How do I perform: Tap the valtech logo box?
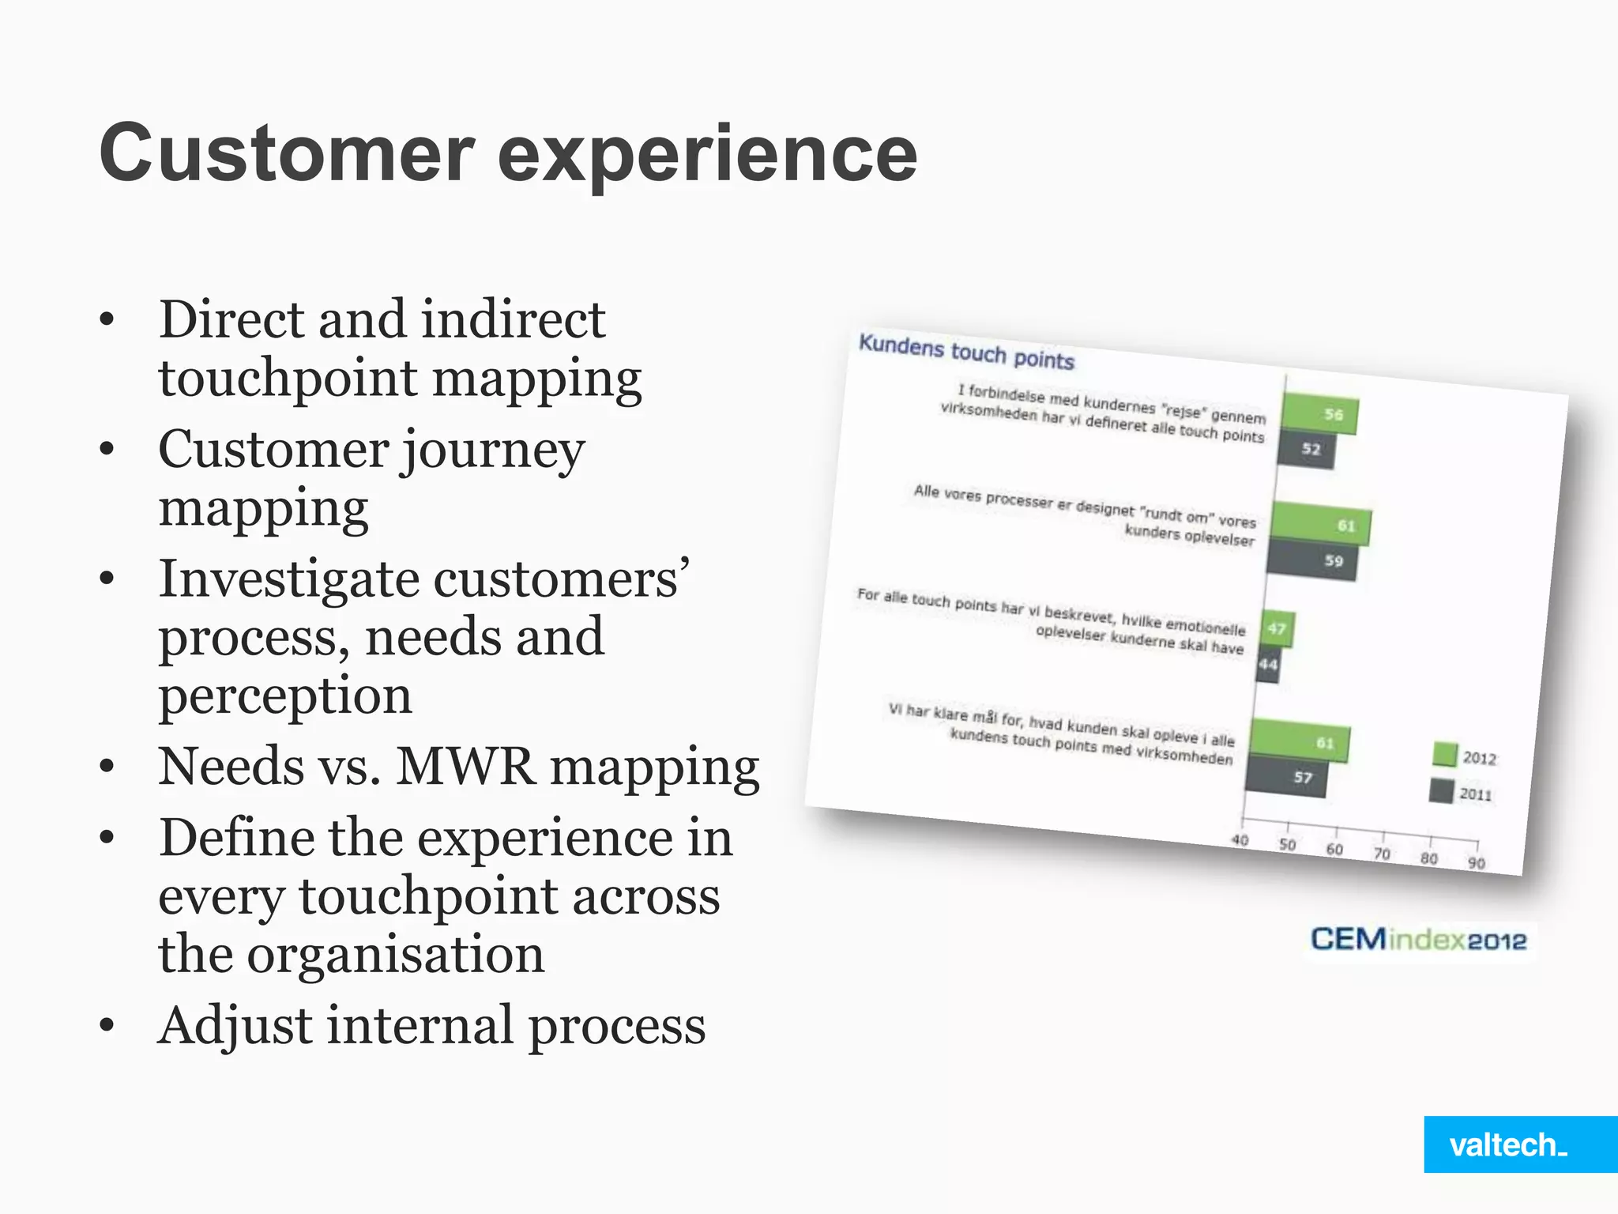(x=1519, y=1144)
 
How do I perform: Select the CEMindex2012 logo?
(x=1418, y=940)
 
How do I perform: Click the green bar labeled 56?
(x=1319, y=413)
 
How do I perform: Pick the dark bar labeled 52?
(x=1306, y=448)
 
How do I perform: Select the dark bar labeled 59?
(x=1312, y=560)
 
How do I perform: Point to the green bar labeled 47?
(x=1277, y=629)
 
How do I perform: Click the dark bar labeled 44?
(x=1267, y=664)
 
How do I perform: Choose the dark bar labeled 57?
(x=1286, y=776)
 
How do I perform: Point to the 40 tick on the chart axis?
(x=1240, y=839)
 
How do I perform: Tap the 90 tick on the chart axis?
(x=1476, y=862)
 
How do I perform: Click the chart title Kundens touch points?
(x=966, y=352)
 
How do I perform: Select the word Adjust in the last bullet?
(x=235, y=1027)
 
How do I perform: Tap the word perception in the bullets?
(x=285, y=696)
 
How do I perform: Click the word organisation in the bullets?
(x=396, y=954)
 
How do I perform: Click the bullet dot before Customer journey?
(x=107, y=450)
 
